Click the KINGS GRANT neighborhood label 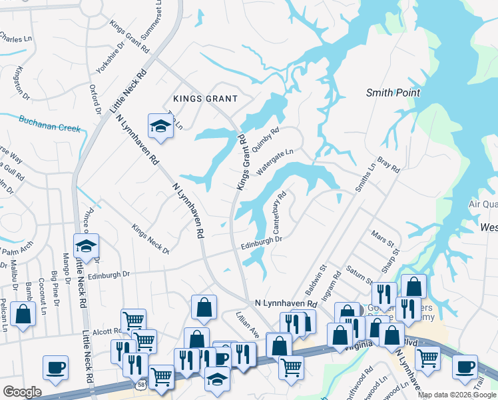coord(205,99)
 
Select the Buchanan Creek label coord(49,124)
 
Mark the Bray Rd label coord(387,165)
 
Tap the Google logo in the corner coord(22,392)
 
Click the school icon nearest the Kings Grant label coord(160,126)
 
